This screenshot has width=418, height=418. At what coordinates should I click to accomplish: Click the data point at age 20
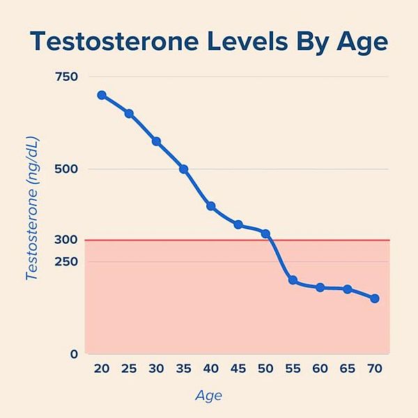(x=102, y=95)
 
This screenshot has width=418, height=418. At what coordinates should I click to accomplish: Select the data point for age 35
(x=184, y=169)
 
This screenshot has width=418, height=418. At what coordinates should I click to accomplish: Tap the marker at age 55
(x=293, y=280)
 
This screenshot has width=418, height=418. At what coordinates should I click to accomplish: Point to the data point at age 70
(x=375, y=298)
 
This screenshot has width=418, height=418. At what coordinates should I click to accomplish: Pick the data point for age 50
(x=265, y=233)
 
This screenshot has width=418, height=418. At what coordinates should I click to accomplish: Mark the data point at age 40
(x=211, y=206)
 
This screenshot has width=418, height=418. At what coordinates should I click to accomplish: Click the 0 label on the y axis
(x=73, y=354)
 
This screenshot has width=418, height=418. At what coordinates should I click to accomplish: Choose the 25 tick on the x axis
(x=129, y=369)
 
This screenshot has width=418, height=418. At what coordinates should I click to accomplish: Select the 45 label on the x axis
(x=238, y=369)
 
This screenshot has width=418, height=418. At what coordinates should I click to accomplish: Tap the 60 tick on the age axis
(x=320, y=369)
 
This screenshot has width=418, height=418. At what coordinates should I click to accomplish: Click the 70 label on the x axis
(x=375, y=369)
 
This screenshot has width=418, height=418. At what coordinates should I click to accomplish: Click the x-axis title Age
(x=208, y=396)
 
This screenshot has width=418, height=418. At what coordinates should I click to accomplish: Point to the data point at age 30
(x=157, y=141)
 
